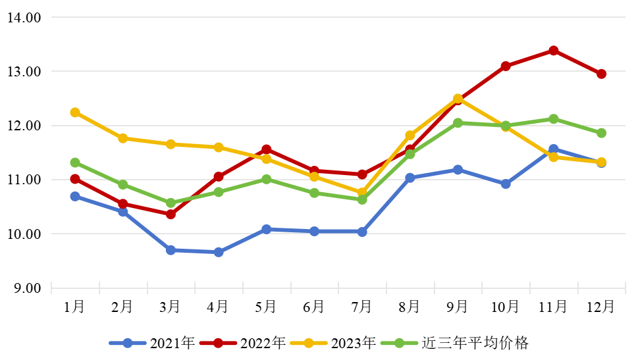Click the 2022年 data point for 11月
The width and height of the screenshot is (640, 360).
click(x=554, y=51)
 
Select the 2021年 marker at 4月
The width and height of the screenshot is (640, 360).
click(x=219, y=252)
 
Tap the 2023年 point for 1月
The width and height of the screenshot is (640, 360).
click(x=75, y=113)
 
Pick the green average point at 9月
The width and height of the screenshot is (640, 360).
click(x=458, y=123)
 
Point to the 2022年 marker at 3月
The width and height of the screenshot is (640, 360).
click(x=171, y=214)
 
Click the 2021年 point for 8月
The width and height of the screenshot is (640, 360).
click(x=410, y=178)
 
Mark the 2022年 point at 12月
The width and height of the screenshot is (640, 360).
click(x=601, y=74)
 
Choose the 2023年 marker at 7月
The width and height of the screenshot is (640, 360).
click(x=362, y=193)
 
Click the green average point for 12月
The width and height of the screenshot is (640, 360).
click(x=601, y=133)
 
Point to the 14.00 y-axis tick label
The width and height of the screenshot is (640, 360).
click(x=24, y=18)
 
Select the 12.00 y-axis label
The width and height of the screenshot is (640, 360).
click(x=24, y=126)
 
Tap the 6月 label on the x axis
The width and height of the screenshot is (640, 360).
click(x=314, y=307)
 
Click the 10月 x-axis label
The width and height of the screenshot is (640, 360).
click(x=506, y=307)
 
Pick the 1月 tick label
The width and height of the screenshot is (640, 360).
click(x=75, y=307)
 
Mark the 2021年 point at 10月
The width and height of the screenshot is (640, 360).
click(x=506, y=184)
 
